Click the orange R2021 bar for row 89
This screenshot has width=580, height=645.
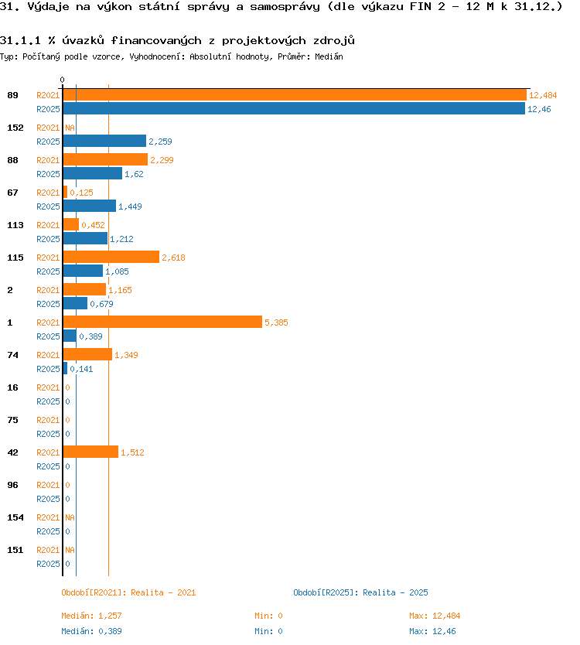tap(295, 95)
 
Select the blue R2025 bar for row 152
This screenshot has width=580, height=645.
tap(104, 141)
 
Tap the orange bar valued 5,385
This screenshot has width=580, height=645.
tap(162, 322)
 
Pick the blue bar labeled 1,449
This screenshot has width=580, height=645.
tap(89, 206)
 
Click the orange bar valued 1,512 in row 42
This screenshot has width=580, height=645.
tap(90, 452)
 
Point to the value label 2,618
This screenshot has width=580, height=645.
tap(173, 258)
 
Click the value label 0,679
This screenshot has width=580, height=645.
tap(101, 304)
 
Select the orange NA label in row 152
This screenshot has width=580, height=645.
tap(70, 128)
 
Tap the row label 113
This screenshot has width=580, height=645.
tap(15, 225)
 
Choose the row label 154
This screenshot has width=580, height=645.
tap(15, 517)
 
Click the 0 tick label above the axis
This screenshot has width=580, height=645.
tap(62, 80)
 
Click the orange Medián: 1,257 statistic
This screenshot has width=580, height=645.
tap(91, 616)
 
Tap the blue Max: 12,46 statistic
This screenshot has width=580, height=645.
tap(433, 631)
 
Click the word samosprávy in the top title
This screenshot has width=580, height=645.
tap(285, 7)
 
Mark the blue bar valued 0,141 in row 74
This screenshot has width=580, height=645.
tap(65, 369)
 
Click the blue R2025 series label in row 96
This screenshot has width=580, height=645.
tap(48, 499)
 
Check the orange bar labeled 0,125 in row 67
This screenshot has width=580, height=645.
tap(65, 192)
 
